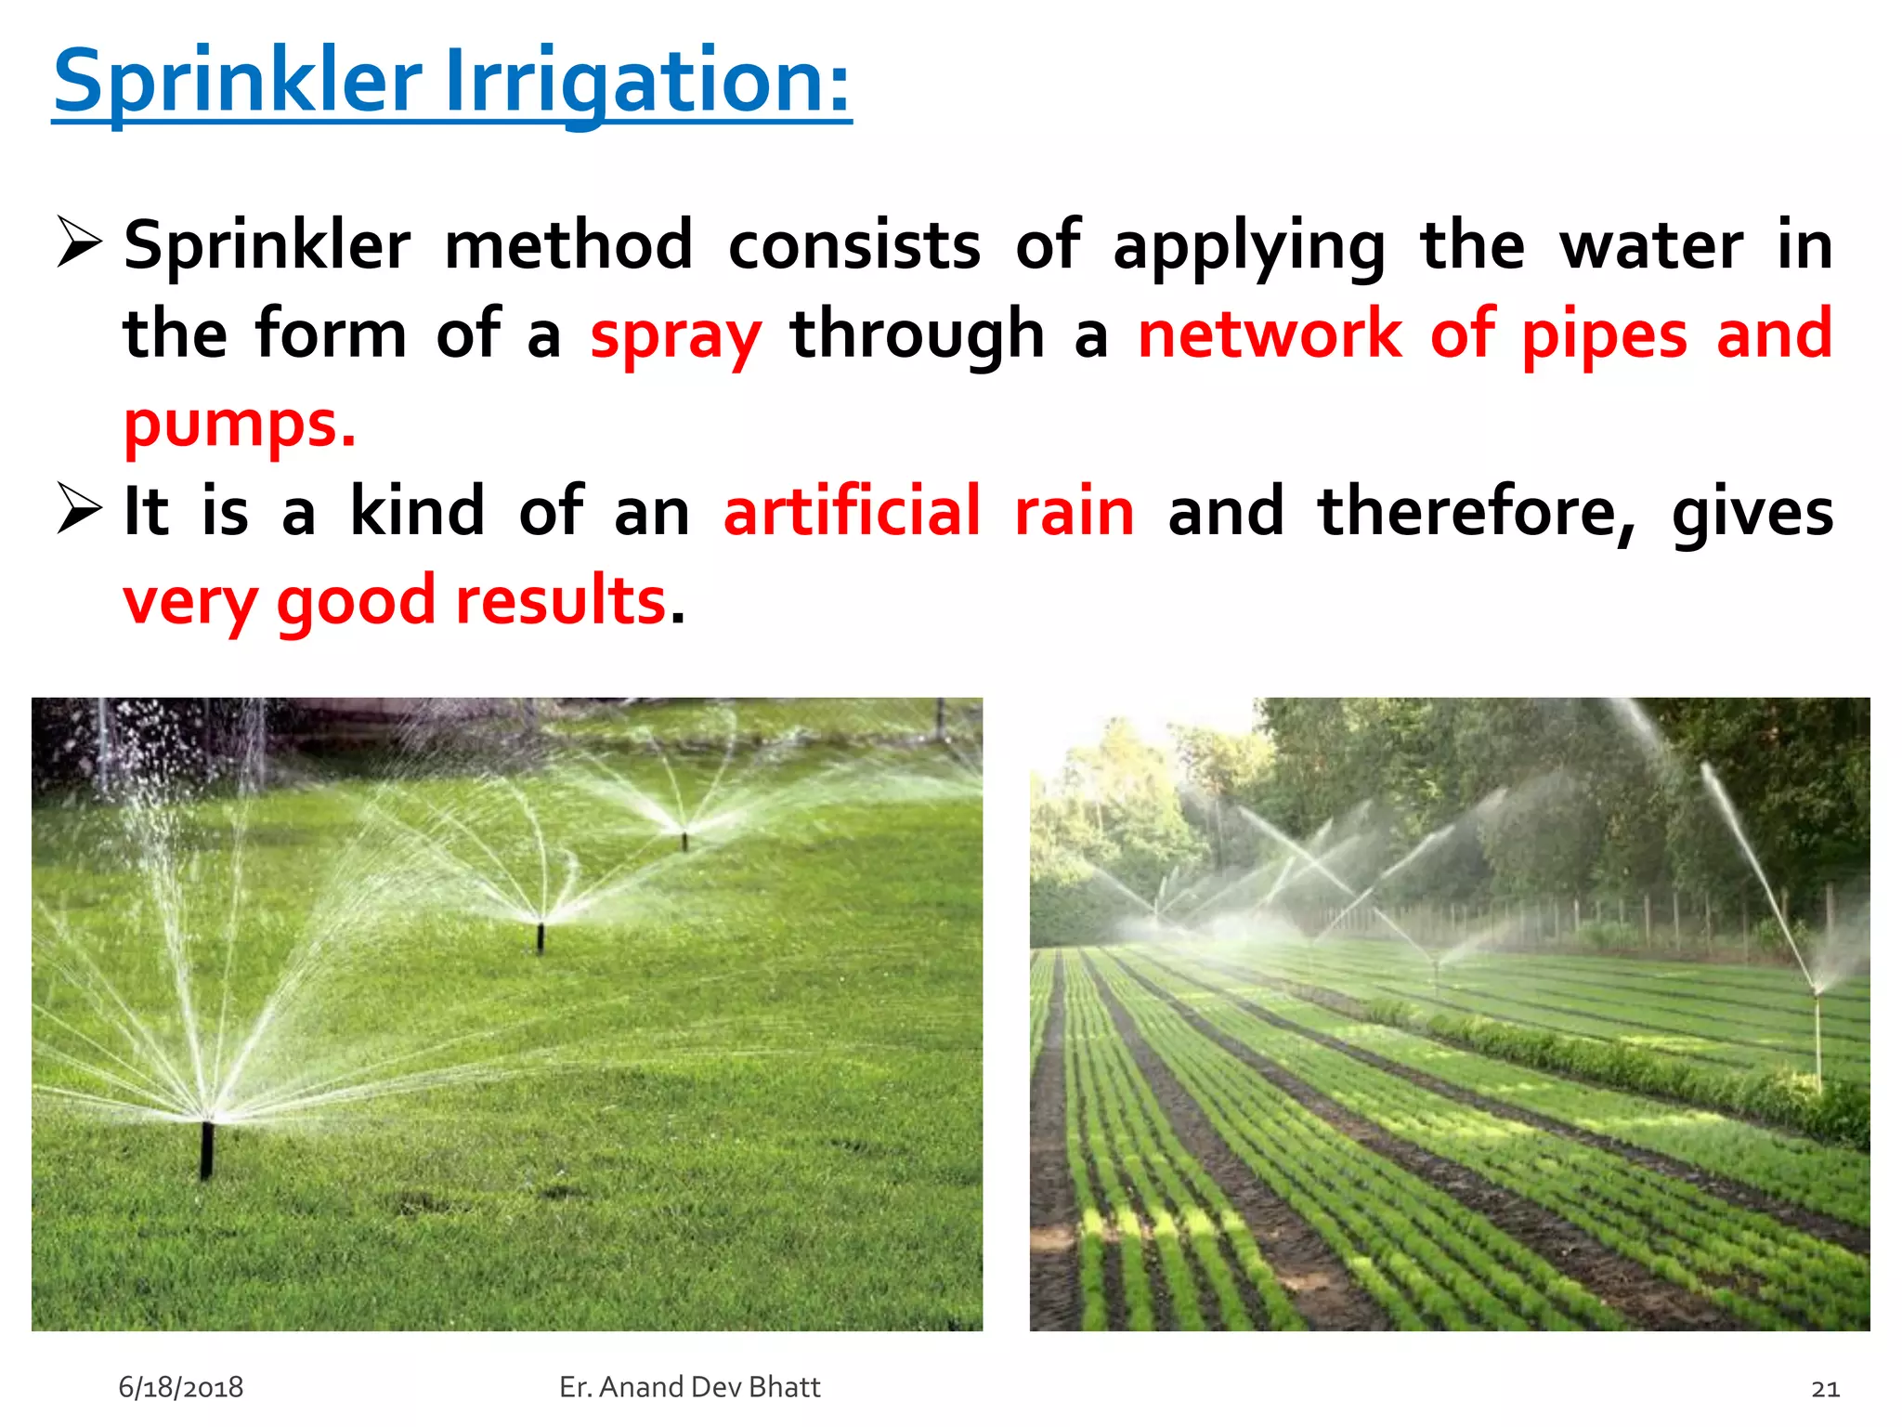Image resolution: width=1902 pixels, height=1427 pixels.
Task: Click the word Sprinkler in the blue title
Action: point(238,82)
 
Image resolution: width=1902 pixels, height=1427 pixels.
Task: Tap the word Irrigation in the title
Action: point(646,82)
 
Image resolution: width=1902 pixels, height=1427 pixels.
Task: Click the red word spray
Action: point(675,334)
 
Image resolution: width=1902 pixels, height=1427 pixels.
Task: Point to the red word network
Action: point(1270,333)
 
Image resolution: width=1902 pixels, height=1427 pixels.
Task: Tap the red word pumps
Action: point(239,424)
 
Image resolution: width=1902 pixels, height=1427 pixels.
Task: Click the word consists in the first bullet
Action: point(854,245)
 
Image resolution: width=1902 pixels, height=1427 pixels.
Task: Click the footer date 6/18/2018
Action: point(181,1387)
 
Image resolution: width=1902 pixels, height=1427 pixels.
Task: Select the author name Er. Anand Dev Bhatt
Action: point(690,1387)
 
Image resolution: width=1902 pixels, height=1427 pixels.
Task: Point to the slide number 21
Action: point(1825,1388)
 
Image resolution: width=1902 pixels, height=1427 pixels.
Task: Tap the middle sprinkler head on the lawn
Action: point(541,936)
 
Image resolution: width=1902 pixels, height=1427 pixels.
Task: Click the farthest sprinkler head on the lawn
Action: point(685,840)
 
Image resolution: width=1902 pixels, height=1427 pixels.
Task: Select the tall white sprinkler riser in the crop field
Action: point(1817,1036)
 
